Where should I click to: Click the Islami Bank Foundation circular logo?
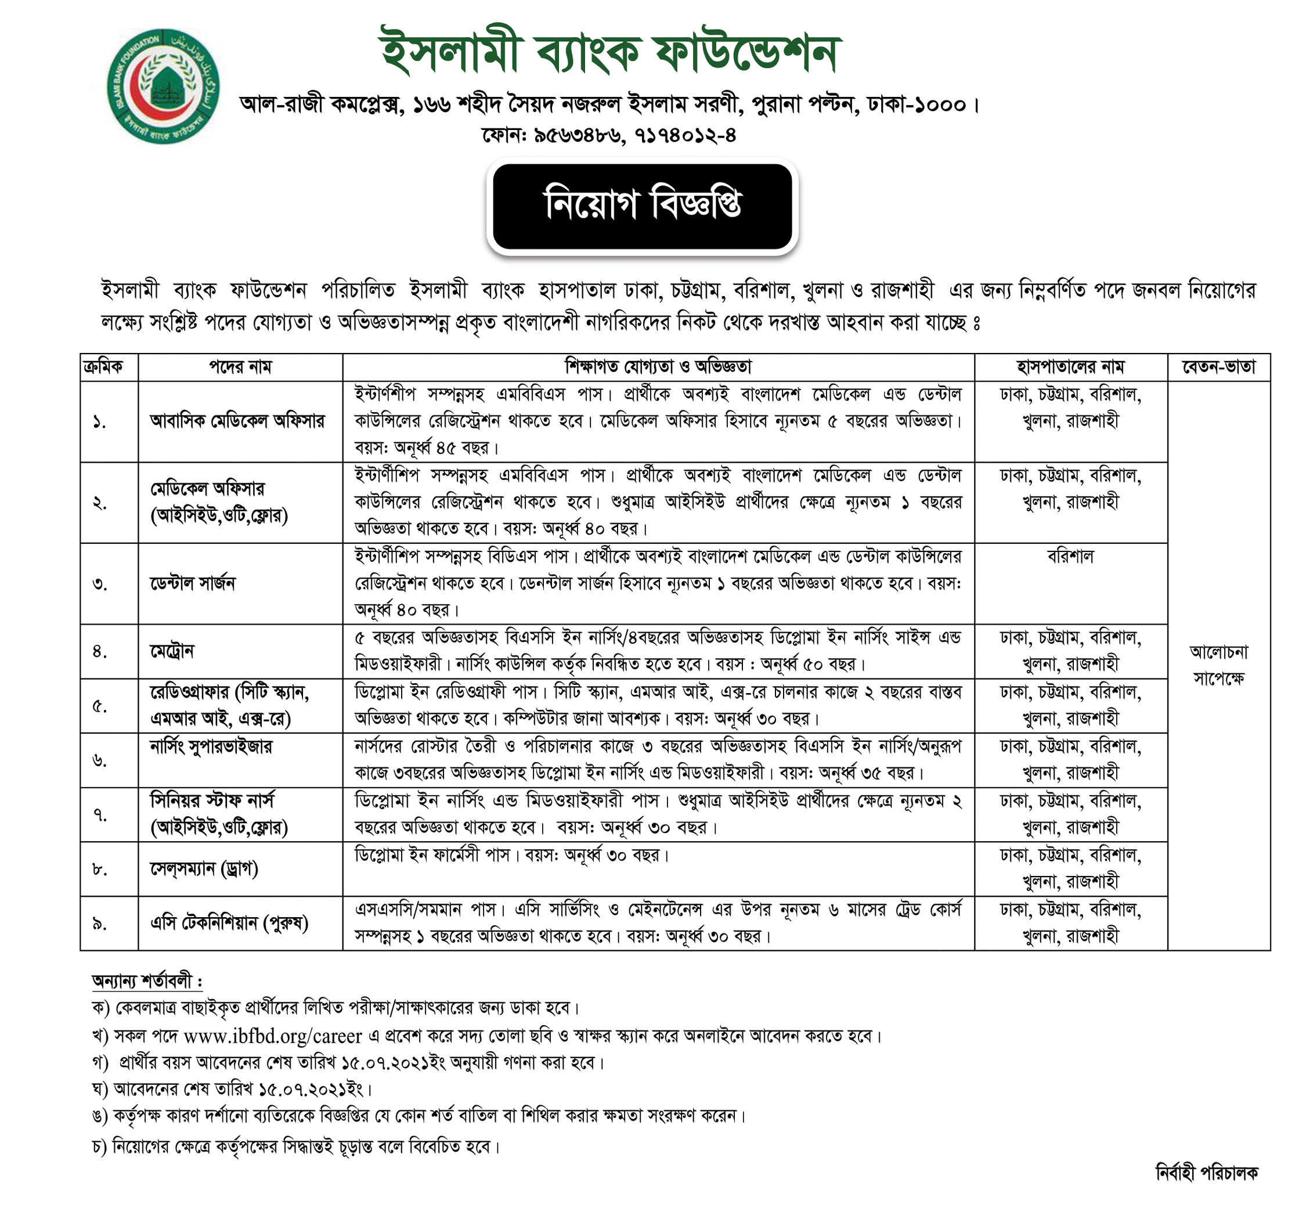pos(163,85)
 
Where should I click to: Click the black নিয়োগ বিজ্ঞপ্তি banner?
pos(642,205)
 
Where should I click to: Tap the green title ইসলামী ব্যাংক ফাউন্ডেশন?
pos(610,53)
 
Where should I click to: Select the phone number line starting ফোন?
pos(608,135)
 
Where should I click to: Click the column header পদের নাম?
pos(240,367)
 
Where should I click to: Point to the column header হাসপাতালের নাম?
pos(1070,367)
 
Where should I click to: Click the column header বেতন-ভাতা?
pos(1218,367)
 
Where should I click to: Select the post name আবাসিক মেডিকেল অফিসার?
pos(237,421)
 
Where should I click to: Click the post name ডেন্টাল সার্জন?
pos(193,583)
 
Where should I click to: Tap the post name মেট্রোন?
pos(172,651)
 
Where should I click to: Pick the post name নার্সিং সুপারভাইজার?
pos(211,746)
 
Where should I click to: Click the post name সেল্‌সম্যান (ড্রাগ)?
pos(204,869)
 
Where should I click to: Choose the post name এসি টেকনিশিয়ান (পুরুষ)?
pos(229,924)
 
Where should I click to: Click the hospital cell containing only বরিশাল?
pos(1070,557)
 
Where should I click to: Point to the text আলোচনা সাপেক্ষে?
pos(1218,665)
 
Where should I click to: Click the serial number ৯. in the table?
pos(100,924)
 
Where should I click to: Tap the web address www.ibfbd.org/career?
pos(273,1036)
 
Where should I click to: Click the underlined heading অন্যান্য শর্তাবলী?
pos(146,982)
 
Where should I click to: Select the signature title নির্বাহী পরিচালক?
pos(1206,1173)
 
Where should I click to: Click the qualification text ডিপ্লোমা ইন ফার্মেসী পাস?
pos(432,856)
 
